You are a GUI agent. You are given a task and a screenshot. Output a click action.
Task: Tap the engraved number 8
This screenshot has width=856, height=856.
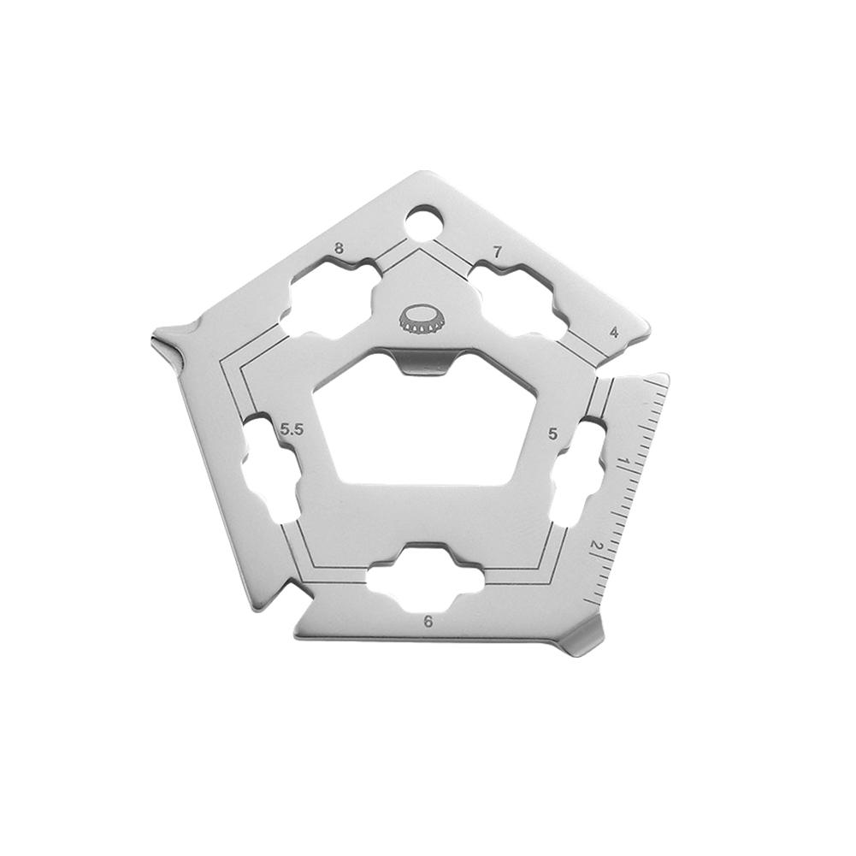click(339, 249)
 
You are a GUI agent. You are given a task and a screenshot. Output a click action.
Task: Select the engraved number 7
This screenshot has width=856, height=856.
click(496, 252)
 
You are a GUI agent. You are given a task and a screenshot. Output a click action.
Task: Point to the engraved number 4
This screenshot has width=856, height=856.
click(615, 332)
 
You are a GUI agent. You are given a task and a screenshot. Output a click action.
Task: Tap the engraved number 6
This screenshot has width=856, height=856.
click(428, 622)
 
